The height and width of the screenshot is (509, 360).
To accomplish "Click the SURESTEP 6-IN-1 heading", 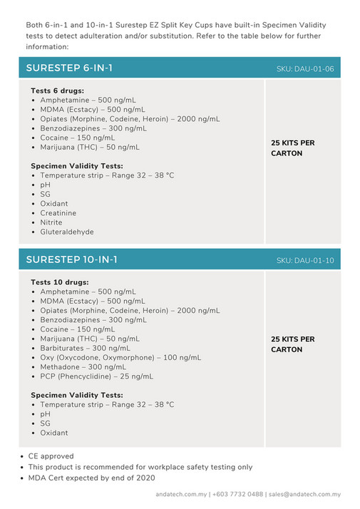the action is tap(69, 68).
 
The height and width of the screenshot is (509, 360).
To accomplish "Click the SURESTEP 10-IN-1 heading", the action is tap(72, 259).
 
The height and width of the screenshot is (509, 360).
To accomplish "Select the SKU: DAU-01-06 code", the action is tap(305, 69).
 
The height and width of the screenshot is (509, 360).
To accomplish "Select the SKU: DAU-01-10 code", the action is tap(305, 260).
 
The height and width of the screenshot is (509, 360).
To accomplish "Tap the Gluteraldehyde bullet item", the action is tap(67, 232).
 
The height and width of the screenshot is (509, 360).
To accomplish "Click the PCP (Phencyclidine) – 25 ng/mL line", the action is tap(96, 376).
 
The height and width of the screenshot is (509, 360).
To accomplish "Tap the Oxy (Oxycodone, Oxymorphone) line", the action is tap(120, 357).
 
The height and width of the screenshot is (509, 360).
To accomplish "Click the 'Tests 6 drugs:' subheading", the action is tap(57, 91).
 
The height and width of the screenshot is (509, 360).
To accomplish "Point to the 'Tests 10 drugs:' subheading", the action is tap(59, 282).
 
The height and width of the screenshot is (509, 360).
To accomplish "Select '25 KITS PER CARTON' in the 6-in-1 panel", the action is tap(292, 148).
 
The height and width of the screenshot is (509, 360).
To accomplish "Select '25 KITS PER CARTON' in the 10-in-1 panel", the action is tap(292, 344).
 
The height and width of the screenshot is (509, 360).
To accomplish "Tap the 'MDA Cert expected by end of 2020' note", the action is tap(91, 478).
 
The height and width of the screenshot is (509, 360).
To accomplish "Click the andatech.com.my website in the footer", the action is tap(181, 494).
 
